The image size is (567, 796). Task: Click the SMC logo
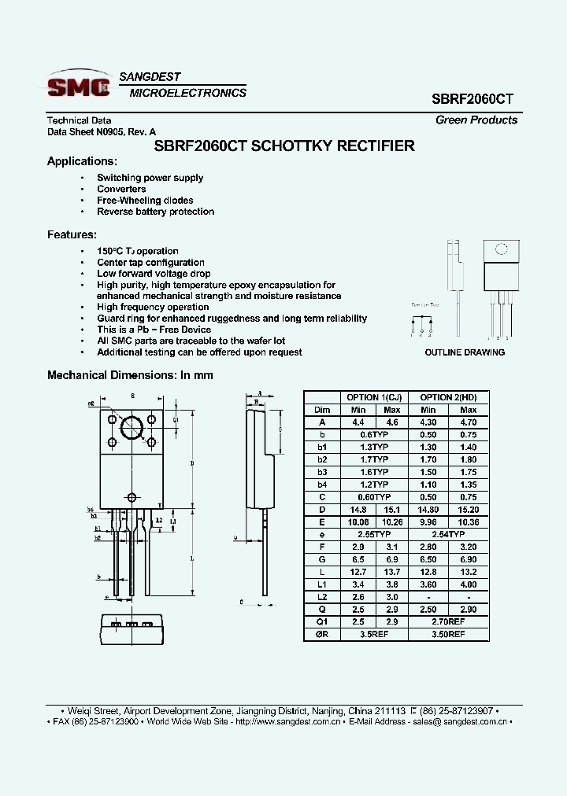(x=79, y=86)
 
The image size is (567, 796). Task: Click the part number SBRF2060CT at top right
(x=472, y=100)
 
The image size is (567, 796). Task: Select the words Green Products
(x=476, y=120)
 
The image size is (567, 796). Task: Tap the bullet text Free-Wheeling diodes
(x=145, y=201)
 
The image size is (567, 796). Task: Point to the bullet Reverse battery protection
(x=155, y=212)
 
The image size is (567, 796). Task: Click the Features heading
(x=72, y=234)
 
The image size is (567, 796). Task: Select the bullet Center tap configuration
(x=150, y=263)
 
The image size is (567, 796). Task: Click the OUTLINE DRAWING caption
(x=465, y=352)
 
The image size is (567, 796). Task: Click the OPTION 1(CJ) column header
(x=373, y=397)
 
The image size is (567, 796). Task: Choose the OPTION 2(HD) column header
(x=448, y=397)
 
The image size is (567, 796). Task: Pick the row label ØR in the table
(x=322, y=633)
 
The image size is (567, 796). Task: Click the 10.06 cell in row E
(x=358, y=521)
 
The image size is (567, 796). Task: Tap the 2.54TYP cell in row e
(x=448, y=534)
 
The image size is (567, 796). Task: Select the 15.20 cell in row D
(x=468, y=509)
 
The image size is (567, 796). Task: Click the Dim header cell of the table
(x=322, y=410)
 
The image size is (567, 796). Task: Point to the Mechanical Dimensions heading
(x=130, y=375)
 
